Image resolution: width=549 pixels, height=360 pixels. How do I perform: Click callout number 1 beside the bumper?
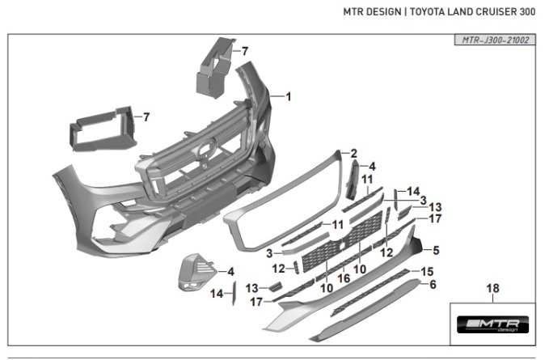(288, 96)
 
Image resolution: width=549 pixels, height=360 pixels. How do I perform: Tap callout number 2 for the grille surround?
(353, 153)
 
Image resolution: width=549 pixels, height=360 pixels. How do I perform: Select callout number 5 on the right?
(437, 250)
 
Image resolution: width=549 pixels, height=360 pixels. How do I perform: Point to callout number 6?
(433, 285)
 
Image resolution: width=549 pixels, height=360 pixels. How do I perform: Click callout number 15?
(429, 271)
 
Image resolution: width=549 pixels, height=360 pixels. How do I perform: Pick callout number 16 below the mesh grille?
(343, 277)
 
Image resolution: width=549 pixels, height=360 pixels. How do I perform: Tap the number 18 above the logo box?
(493, 289)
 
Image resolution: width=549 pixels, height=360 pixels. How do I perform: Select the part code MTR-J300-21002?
(493, 39)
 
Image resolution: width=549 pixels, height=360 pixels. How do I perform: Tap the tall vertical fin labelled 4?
(353, 180)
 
